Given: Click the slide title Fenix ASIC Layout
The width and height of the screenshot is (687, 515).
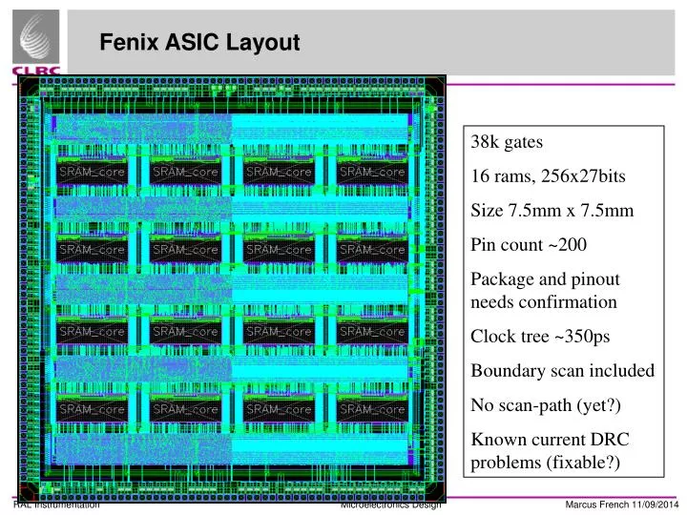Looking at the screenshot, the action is coord(200,43).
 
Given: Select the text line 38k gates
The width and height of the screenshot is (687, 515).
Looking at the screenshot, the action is coord(507,142).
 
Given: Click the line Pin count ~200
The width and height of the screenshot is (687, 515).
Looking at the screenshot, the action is coord(530,244).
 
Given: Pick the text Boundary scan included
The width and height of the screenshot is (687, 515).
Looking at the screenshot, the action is coord(563,370).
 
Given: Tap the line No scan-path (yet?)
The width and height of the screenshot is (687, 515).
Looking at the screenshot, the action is coord(546,405).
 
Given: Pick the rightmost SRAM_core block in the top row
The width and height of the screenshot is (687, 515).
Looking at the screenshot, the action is coord(372,172).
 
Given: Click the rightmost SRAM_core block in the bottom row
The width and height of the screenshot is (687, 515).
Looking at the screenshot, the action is coord(372,409).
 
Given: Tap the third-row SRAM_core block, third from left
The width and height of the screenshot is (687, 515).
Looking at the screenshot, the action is coord(279,331).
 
